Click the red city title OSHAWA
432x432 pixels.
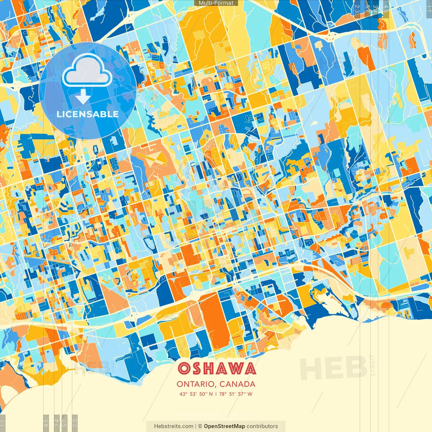(x=216, y=369)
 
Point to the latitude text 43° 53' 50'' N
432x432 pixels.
(x=196, y=394)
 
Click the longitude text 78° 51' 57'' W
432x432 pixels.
(x=236, y=394)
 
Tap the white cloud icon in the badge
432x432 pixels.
(x=87, y=71)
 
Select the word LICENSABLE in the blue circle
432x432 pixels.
(x=88, y=114)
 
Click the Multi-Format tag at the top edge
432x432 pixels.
(x=216, y=3)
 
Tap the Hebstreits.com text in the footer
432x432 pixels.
(x=173, y=426)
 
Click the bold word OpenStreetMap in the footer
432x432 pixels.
(x=224, y=426)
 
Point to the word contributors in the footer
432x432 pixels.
(x=262, y=426)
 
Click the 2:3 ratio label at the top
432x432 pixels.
(x=357, y=8)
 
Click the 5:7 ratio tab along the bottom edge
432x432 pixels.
(x=65, y=422)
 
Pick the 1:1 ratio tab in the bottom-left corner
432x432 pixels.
(x=3, y=423)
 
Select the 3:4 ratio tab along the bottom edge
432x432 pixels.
(x=57, y=422)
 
